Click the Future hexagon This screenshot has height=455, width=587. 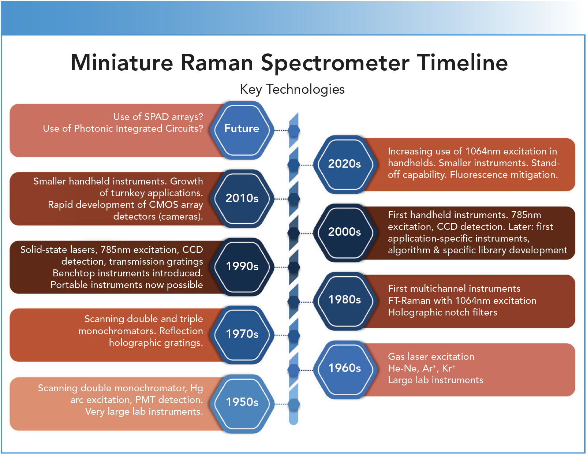242,130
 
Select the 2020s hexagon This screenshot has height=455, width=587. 345,164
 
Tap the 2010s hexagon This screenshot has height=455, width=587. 242,199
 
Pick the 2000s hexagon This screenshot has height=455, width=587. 345,233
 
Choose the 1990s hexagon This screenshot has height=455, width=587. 242,267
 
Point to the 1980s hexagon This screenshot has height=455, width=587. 345,301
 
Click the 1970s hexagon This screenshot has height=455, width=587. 242,335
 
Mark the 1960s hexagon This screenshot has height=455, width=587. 345,370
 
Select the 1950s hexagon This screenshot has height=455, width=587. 242,404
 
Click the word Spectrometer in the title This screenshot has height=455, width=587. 335,63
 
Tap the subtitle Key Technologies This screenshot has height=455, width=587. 292,89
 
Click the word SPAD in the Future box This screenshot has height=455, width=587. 157,117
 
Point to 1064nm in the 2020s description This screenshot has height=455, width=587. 483,151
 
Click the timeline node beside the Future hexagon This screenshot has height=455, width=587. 293,130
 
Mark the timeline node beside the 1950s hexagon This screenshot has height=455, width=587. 293,404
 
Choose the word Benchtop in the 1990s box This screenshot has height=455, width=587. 74,273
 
